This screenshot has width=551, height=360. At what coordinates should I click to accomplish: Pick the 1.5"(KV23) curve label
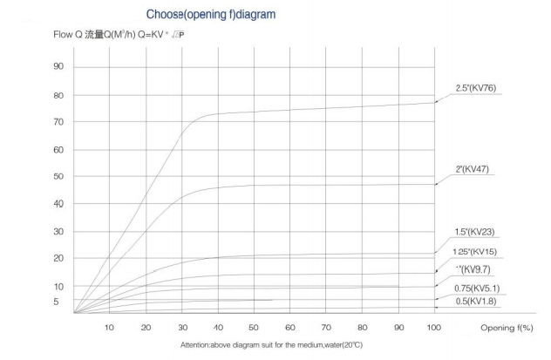[475, 233]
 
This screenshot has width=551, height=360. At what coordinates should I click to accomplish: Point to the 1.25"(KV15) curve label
[476, 252]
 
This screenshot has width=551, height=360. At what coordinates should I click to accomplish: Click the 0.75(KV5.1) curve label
[476, 288]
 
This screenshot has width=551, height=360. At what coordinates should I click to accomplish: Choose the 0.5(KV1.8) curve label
[476, 301]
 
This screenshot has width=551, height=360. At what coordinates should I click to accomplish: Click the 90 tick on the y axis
[58, 67]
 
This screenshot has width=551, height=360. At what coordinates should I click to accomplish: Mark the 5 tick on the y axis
[58, 302]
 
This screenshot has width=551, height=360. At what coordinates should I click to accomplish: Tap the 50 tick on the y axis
[58, 177]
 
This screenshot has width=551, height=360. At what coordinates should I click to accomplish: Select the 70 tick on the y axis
[58, 122]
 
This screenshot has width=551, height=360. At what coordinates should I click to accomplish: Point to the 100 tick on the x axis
[434, 327]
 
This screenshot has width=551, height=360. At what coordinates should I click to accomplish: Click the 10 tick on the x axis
[109, 327]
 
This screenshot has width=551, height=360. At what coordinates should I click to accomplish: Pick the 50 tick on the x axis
[254, 327]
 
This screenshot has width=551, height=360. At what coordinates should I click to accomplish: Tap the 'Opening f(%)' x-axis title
[507, 327]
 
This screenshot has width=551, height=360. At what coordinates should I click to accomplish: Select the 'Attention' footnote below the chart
[271, 345]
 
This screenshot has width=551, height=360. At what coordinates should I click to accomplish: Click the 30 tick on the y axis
[58, 232]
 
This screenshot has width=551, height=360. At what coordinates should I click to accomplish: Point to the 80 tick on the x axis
[362, 327]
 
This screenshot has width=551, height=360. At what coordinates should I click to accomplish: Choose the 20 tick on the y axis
[58, 259]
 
